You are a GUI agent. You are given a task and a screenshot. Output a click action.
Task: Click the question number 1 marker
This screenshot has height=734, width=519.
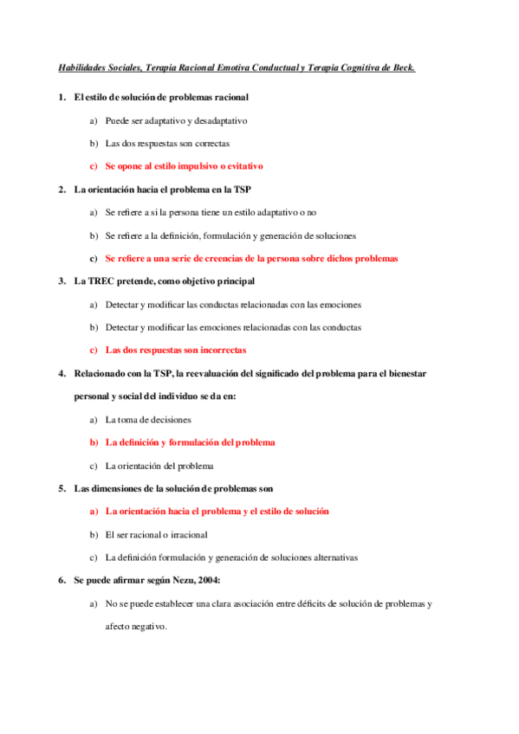coord(62,97)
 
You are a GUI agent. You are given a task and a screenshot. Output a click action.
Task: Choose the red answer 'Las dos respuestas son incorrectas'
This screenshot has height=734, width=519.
coord(175,351)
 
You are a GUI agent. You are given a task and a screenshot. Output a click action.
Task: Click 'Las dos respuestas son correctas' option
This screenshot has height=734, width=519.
coord(167,143)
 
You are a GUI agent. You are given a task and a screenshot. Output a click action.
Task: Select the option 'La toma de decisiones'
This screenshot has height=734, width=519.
coord(148,420)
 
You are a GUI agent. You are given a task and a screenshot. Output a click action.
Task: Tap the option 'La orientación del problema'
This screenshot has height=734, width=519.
coord(159,466)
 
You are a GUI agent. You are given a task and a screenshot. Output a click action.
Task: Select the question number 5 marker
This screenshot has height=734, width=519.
coord(62,488)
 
